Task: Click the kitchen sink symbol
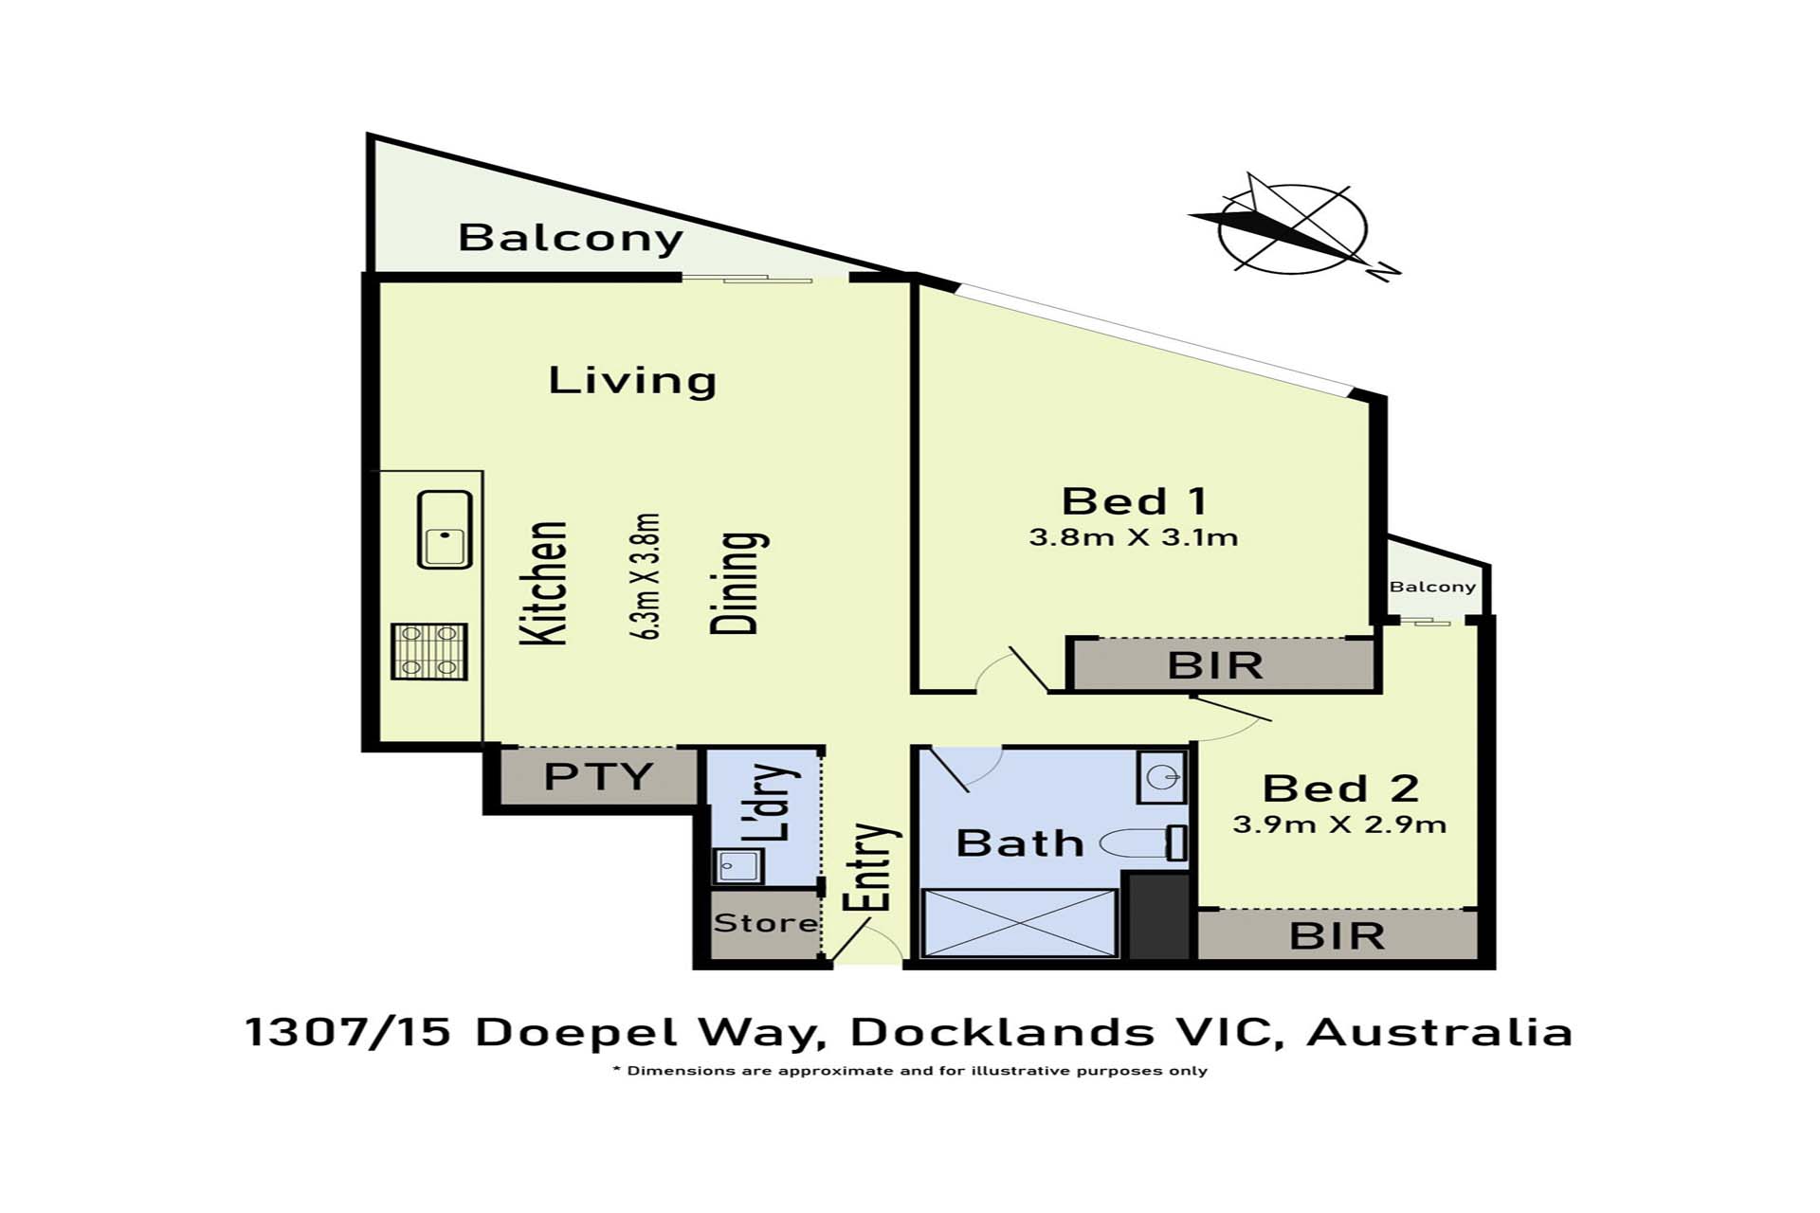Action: [x=445, y=530]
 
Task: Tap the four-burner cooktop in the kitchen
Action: [x=429, y=651]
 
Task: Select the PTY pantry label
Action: [x=598, y=777]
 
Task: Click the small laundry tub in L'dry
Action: [x=737, y=865]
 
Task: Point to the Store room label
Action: [x=765, y=923]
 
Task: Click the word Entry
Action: [x=873, y=867]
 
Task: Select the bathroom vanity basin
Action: [x=1162, y=777]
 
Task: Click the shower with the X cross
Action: [x=1019, y=922]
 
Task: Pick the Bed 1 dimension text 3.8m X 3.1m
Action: [x=1134, y=538]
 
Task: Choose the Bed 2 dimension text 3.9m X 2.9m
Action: [x=1339, y=824]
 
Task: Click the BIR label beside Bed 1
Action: [x=1215, y=666]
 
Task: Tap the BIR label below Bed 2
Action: [x=1338, y=936]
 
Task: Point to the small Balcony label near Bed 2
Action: [x=1432, y=587]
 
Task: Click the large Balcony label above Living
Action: [x=570, y=238]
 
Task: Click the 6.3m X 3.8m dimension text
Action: [x=646, y=576]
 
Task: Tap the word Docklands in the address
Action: [x=1001, y=1032]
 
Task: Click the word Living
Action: [x=632, y=381]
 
